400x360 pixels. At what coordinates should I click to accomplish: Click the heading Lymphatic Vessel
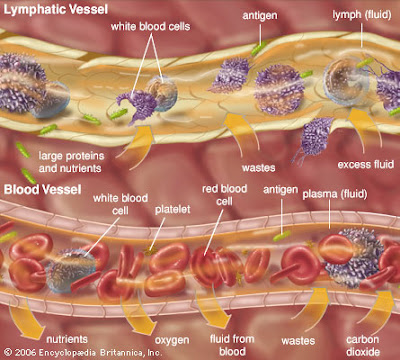point(48,9)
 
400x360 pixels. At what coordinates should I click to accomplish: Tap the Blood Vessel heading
point(39,186)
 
